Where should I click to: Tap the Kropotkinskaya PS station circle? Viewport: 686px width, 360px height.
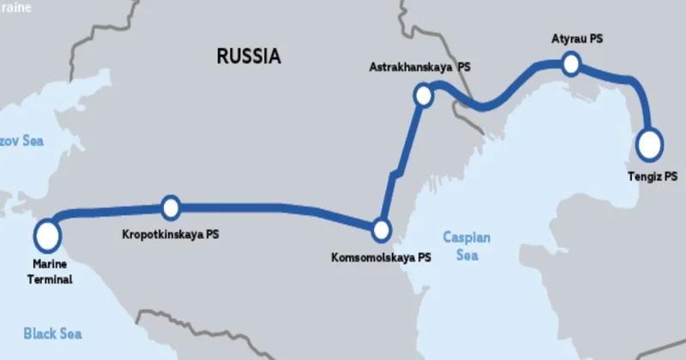(171, 207)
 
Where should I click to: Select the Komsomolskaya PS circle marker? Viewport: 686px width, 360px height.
(381, 230)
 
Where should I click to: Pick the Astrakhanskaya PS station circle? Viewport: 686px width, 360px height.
(423, 94)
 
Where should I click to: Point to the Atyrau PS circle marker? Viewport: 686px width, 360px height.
(571, 63)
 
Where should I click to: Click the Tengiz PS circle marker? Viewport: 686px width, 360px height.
(650, 144)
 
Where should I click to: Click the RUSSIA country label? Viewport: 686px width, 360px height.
(249, 57)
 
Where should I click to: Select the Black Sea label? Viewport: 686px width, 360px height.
(52, 333)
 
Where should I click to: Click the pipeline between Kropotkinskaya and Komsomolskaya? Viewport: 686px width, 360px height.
(274, 207)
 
